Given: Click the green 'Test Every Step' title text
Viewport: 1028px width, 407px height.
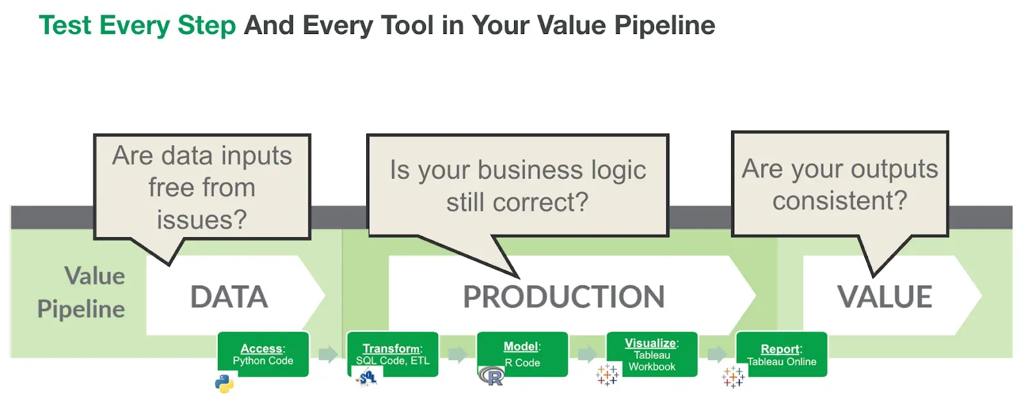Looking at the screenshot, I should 137,26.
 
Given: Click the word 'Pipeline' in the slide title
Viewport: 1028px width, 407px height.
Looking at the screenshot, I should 664,26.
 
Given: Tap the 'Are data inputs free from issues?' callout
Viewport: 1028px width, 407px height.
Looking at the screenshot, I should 202,187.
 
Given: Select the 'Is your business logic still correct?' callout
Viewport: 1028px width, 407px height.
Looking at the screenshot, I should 517,186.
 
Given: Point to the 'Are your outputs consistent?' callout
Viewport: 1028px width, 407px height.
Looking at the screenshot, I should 839,185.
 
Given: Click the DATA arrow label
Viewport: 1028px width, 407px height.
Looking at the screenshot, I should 229,297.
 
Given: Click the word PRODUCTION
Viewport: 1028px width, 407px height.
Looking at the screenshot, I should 563,297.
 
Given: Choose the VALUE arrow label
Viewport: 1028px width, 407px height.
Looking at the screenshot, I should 884,297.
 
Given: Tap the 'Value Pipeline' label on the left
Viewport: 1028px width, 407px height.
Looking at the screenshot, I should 82,293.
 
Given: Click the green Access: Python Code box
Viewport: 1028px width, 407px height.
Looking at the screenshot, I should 263,354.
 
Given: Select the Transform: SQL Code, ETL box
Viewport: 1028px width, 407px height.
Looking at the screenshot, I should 393,354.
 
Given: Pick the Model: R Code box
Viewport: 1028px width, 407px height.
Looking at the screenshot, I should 522,354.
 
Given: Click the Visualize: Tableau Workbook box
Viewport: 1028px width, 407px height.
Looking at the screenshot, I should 651,354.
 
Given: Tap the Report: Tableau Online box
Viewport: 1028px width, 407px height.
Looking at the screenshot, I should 781,354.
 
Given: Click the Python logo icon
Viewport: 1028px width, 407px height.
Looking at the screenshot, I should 224,384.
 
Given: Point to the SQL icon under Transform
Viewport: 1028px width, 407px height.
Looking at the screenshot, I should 367,378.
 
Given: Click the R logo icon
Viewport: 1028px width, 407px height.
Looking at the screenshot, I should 492,376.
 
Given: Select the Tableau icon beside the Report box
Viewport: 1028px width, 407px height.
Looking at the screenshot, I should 733,377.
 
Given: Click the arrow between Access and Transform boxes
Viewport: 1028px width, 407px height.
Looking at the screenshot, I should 328,354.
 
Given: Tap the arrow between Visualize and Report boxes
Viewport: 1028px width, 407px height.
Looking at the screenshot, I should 716,354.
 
